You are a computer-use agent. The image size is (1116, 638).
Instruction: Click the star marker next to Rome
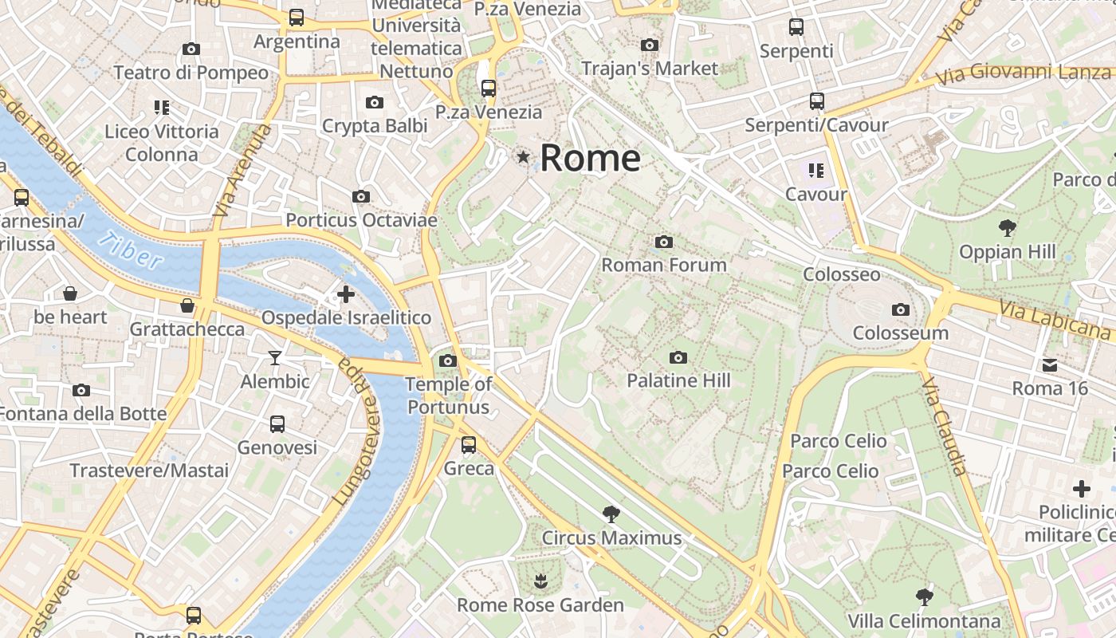pos(523,157)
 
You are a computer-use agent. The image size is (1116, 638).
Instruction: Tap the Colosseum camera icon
pos(901,309)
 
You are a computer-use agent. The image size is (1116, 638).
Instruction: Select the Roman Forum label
pos(664,265)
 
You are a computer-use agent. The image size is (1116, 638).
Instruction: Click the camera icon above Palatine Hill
pos(678,357)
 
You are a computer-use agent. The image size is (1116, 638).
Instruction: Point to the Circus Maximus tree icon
pos(611,514)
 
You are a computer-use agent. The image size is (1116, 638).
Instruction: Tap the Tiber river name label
pos(132,250)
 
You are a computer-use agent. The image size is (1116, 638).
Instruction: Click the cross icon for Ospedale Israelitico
pos(346,294)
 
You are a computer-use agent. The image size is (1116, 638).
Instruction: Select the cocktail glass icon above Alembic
pos(275,357)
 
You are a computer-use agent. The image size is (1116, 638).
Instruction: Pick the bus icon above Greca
pos(469,445)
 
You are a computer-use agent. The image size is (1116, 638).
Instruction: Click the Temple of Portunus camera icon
pos(448,360)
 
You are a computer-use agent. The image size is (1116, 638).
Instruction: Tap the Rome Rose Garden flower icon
pos(540,581)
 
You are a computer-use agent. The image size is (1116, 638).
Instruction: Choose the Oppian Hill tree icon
pos(1008,228)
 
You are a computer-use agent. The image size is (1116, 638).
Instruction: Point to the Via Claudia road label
pos(945,427)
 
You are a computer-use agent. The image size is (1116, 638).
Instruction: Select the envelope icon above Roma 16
pos(1050,365)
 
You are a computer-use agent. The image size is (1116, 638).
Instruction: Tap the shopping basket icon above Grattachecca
pos(187,305)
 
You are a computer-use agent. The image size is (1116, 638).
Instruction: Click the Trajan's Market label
pos(650,69)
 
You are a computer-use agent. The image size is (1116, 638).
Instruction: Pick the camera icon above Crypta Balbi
pos(375,102)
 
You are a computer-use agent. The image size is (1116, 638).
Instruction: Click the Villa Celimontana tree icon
pos(924,597)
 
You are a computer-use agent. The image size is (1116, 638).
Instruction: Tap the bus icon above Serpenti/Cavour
pos(817,101)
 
